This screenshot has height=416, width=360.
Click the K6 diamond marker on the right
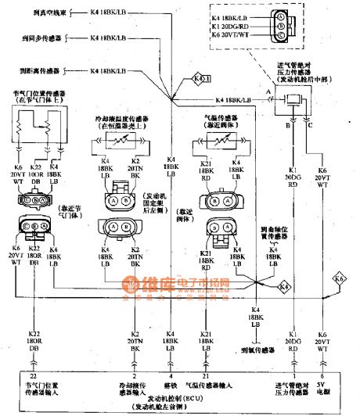pyautogui.click(x=339, y=278)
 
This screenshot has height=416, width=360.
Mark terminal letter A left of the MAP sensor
pyautogui.click(x=268, y=91)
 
